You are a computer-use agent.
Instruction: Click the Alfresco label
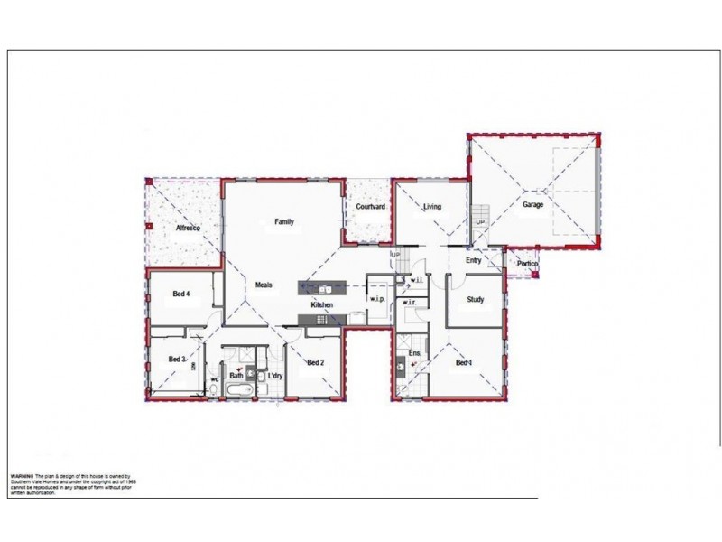(x=187, y=229)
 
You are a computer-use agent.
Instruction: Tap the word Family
(x=284, y=221)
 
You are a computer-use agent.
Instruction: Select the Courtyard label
(x=370, y=207)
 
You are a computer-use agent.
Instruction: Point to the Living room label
(x=432, y=207)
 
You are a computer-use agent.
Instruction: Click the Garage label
(x=532, y=205)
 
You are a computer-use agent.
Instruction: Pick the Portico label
(x=527, y=264)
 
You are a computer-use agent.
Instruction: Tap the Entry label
(x=473, y=261)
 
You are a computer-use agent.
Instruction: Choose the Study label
(x=476, y=299)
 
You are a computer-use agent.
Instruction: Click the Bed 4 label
(x=181, y=294)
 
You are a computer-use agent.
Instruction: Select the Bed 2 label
(x=315, y=363)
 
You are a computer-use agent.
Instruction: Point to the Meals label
(x=264, y=285)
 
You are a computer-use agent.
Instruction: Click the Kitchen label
(x=322, y=305)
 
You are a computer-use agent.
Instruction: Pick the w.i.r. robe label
(x=409, y=302)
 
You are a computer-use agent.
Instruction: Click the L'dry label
(x=275, y=375)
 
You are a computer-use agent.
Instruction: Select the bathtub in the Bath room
(x=238, y=390)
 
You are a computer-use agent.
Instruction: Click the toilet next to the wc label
(x=212, y=389)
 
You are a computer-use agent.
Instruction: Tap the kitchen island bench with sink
(x=322, y=288)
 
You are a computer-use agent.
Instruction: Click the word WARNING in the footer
(x=22, y=475)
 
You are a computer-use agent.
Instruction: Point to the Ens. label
(x=415, y=352)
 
